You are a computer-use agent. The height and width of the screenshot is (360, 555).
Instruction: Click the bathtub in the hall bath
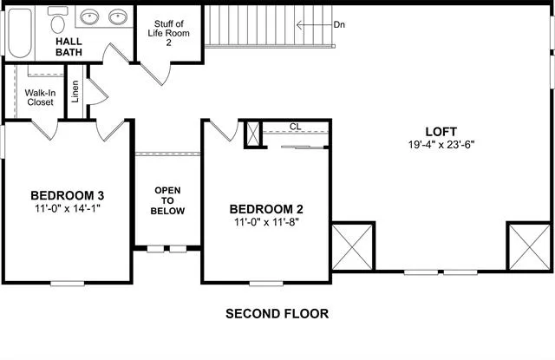point(20,33)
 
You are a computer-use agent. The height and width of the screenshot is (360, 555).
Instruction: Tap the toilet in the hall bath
point(58,20)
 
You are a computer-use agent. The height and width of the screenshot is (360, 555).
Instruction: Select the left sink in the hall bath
point(89,16)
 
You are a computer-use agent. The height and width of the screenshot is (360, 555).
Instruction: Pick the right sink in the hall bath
point(118,16)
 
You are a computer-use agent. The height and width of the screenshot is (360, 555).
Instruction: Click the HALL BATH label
point(69,47)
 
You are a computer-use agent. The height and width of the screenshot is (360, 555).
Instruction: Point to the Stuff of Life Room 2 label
point(168,33)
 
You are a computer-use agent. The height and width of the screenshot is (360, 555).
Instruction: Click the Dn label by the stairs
point(339,25)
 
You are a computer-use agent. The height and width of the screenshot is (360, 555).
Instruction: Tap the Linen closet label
point(75,92)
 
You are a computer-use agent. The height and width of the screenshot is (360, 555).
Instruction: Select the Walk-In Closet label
point(40,97)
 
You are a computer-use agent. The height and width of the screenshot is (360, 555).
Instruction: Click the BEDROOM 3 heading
point(68,195)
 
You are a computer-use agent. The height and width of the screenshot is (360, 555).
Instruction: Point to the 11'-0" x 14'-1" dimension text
point(68,208)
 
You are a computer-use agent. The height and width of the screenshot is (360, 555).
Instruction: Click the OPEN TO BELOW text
point(167,200)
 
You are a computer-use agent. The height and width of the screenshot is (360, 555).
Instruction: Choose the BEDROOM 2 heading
point(266,209)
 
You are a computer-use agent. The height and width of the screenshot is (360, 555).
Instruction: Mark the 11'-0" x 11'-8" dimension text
point(266,222)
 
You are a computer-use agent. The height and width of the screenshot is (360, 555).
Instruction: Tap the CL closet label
point(295,127)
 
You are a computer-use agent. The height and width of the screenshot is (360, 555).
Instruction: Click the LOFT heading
point(441,132)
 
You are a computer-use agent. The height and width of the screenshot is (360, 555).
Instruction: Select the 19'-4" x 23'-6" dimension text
point(441,144)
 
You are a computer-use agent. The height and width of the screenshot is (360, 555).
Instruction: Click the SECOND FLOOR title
point(277,314)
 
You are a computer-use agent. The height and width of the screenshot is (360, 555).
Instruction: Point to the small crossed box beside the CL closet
point(252,134)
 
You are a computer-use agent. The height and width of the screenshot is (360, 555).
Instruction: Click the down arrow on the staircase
point(314,25)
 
